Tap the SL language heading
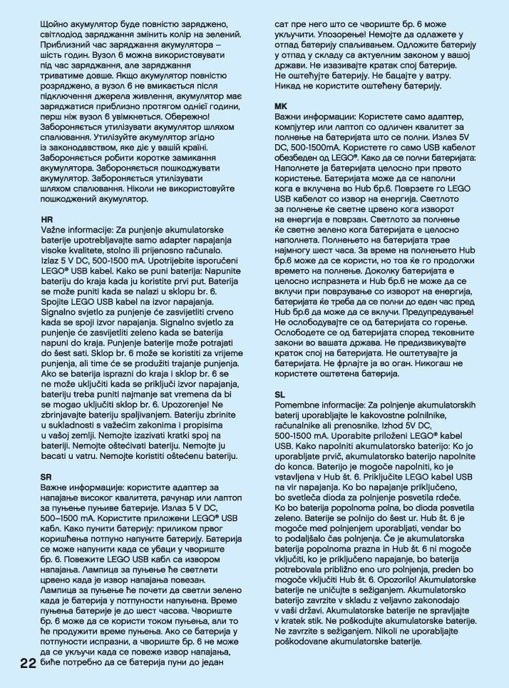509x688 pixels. coord(280,394)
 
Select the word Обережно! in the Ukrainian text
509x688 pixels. coord(203,116)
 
